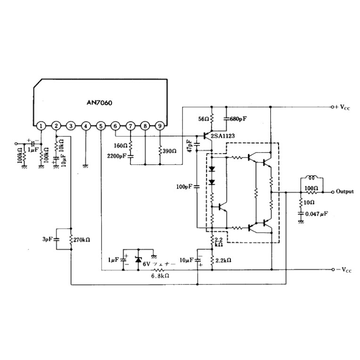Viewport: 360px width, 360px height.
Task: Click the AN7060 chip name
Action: pos(98,102)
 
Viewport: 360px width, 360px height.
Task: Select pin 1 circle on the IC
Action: pos(41,126)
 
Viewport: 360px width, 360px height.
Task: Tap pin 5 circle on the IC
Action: pos(101,126)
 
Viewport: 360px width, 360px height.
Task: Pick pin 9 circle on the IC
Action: pos(160,126)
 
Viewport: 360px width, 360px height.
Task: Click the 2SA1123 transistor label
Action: pos(223,136)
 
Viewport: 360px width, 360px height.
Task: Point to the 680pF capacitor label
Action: pos(238,119)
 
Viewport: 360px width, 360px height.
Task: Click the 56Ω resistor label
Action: pos(203,120)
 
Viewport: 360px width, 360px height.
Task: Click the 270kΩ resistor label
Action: pos(82,239)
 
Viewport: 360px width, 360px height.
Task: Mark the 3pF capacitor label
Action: pos(47,239)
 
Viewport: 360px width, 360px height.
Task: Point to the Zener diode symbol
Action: pos(138,260)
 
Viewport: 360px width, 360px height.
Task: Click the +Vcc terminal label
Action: pos(344,107)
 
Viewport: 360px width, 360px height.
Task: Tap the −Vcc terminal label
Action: pos(344,270)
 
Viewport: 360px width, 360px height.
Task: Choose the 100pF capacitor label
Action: pos(184,187)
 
